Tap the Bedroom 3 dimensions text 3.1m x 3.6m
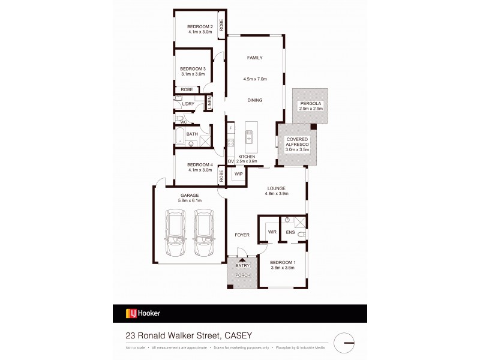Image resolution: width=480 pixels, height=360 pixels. [193, 76]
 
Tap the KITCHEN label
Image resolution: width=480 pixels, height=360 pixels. [246, 157]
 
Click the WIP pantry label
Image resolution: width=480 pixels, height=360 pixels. [238, 175]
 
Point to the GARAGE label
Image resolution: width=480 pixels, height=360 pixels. [190, 195]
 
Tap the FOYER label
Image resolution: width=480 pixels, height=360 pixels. [242, 235]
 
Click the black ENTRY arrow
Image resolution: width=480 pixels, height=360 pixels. [242, 259]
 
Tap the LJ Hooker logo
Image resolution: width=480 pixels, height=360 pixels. [143, 313]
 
